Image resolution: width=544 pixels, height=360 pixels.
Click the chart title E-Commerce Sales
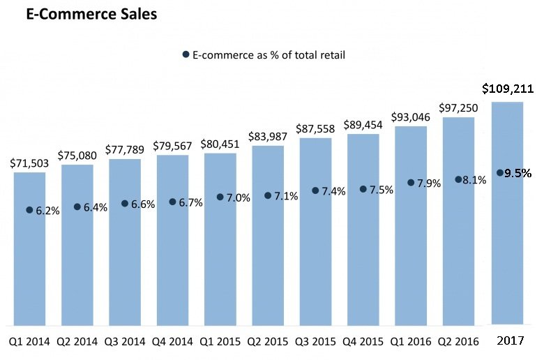[91, 14]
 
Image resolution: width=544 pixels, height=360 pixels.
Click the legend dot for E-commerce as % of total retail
[186, 54]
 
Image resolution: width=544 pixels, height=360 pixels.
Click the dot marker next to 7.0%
[220, 197]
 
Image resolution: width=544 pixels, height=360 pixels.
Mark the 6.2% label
[47, 210]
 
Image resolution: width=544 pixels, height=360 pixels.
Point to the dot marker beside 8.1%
[458, 179]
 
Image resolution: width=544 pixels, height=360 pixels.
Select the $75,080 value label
[77, 155]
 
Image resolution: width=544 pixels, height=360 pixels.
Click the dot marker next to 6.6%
[125, 204]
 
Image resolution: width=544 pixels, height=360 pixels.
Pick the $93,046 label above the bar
[411, 117]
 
